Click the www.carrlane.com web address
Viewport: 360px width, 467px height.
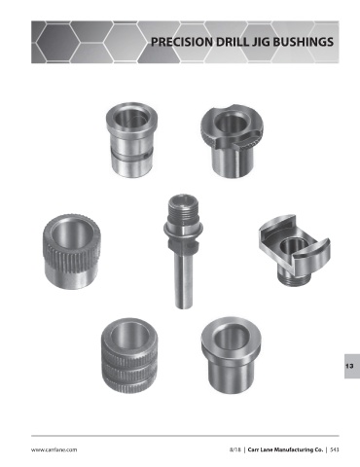tap(54, 449)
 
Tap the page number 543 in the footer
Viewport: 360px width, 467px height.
tap(335, 449)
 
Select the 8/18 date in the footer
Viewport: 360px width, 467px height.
tap(235, 449)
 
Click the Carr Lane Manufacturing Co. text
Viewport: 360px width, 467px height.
tap(285, 449)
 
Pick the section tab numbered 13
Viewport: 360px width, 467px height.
tap(352, 366)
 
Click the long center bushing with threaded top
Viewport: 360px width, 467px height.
tap(183, 251)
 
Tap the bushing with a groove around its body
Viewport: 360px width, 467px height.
tap(132, 139)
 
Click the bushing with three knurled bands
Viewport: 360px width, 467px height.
tap(129, 355)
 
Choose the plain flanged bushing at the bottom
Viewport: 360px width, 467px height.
tap(231, 355)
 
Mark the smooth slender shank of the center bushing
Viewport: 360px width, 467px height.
tap(183, 279)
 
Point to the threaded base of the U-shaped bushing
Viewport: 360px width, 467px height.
tap(294, 279)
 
